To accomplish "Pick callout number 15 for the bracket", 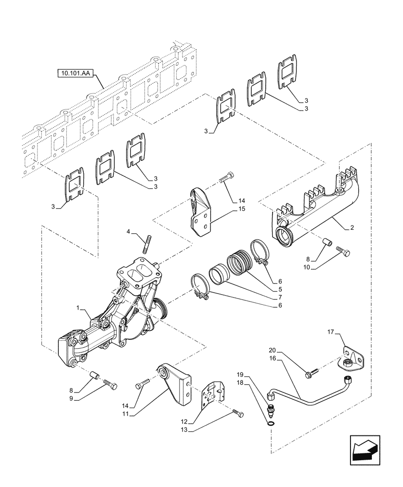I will (x=242, y=209).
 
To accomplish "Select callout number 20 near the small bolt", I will (x=272, y=349).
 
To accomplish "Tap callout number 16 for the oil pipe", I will (x=272, y=357).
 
